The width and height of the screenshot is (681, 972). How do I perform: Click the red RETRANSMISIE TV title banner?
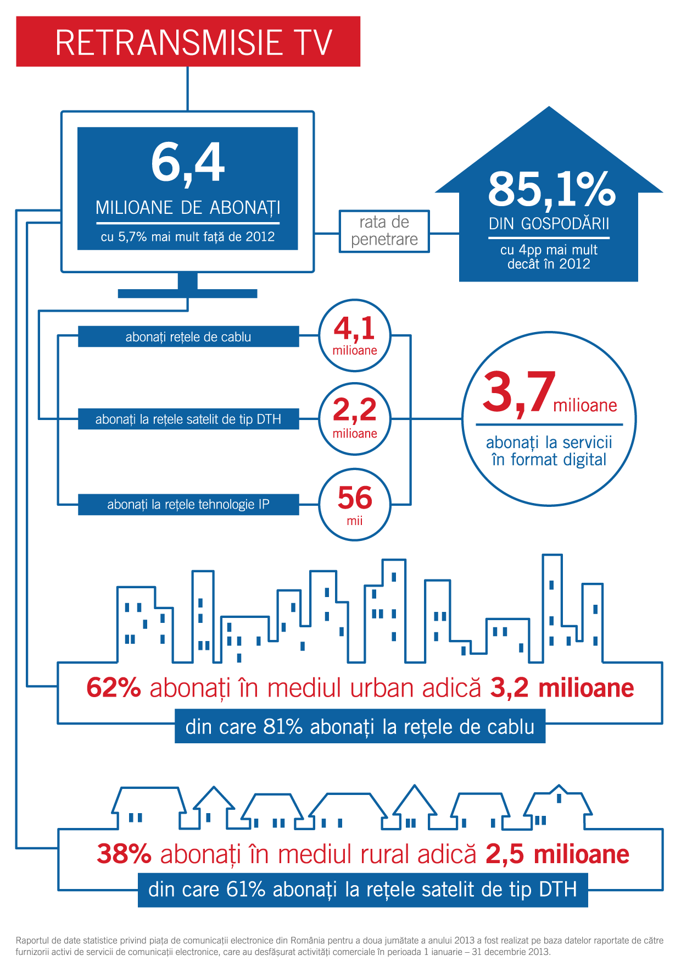188,42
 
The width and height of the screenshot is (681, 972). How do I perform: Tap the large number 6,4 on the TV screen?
188,162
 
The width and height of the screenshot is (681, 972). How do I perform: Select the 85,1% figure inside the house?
551,189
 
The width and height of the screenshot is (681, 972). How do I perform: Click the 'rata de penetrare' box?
384,231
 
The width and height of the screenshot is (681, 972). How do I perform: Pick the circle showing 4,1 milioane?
355,335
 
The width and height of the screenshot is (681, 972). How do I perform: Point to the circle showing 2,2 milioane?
355,419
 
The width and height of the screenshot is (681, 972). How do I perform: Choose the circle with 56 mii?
355,504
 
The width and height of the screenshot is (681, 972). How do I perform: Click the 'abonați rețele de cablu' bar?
188,336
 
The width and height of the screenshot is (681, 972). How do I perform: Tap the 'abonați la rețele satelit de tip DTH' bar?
188,419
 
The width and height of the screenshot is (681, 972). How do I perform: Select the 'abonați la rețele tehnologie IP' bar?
188,504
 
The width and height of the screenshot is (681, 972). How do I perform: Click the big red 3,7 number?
518,392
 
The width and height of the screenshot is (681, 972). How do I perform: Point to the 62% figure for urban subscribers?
114,688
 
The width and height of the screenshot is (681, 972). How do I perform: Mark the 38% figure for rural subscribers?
124,854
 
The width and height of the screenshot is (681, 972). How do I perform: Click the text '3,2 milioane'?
562,688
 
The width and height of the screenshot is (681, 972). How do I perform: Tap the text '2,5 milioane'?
557,854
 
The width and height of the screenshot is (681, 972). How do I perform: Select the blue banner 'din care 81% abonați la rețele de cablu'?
360,726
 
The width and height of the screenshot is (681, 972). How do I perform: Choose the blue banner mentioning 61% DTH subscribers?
362,889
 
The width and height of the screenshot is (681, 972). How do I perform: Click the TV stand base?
187,293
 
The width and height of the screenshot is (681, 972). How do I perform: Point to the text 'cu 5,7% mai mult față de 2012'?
188,237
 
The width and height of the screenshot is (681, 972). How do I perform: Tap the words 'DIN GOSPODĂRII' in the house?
549,224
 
